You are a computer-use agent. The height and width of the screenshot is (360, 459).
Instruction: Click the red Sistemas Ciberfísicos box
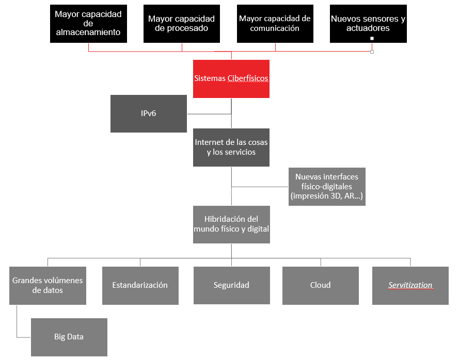coord(231,79)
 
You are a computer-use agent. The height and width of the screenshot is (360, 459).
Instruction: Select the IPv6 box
coord(149,114)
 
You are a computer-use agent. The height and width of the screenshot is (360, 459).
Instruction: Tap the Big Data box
coord(69,337)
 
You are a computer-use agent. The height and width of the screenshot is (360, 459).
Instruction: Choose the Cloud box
coord(321,285)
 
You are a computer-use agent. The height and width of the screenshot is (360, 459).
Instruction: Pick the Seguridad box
coord(231,285)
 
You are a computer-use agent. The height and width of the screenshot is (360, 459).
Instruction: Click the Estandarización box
coord(140,285)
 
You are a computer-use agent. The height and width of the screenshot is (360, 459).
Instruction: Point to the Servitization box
coord(410,285)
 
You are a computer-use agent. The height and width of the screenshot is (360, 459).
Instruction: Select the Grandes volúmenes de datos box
coord(48,285)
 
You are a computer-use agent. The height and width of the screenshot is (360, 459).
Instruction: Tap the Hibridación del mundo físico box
coord(231,224)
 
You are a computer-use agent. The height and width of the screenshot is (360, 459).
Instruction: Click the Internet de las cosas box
coord(231,148)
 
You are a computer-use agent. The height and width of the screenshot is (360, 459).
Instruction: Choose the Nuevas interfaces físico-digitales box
coord(327,187)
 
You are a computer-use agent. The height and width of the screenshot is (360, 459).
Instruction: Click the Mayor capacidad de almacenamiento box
coord(88,24)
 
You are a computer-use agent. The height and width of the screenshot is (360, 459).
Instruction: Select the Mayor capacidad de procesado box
coord(182,24)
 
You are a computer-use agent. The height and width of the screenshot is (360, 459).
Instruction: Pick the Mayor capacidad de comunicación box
coord(275,24)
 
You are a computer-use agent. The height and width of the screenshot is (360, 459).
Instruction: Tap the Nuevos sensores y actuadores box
coord(368,24)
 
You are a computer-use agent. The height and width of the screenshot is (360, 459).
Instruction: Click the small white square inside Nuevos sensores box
coord(372,38)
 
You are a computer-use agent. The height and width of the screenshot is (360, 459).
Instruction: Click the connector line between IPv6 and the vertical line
coord(209,114)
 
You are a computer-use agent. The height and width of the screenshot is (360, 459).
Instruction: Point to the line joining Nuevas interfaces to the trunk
coord(260,187)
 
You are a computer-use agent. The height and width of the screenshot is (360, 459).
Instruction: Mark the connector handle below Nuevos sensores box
coord(372,52)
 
